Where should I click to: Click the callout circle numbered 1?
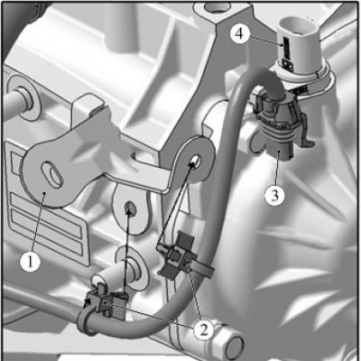point(30,261)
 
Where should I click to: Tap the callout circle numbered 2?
point(204,330)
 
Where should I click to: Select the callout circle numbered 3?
point(274,196)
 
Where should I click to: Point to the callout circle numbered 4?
point(240,33)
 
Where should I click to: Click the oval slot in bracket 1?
point(52,175)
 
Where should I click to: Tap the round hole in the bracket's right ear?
point(196,161)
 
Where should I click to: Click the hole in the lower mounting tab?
point(130,208)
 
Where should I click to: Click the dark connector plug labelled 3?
point(278,126)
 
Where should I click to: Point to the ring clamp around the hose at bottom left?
point(86,323)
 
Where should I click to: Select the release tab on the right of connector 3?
point(306,129)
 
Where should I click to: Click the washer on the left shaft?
point(23,98)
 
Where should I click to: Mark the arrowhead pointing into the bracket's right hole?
point(192,163)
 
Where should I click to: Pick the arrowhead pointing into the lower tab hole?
point(129,213)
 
